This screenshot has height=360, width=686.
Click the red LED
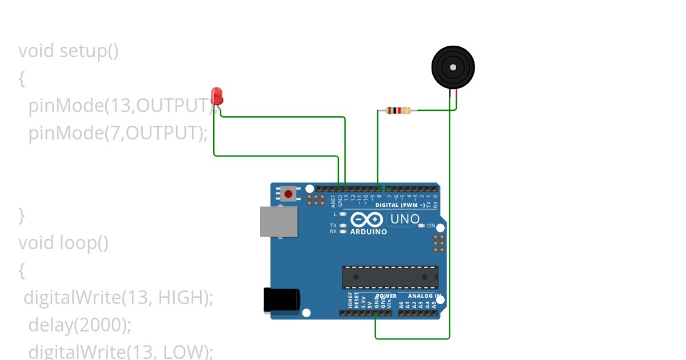(217, 95)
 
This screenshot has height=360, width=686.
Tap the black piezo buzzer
(453, 67)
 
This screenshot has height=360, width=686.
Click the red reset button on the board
(288, 194)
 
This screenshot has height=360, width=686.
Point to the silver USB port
(279, 221)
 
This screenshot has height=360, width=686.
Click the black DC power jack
(281, 299)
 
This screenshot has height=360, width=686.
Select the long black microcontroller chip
(390, 277)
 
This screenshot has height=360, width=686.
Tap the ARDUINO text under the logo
(368, 232)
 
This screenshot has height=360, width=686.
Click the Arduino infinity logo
(366, 219)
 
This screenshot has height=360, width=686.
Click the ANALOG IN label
(424, 296)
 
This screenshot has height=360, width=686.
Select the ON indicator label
(431, 226)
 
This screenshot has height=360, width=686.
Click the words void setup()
(69, 51)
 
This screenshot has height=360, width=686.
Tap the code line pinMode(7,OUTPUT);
(118, 133)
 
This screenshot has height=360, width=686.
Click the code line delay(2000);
(80, 325)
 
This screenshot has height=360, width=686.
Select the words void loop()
(63, 243)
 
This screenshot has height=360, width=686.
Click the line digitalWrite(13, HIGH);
(118, 298)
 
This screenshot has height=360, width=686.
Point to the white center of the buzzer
(453, 67)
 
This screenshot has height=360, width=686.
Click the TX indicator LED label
(333, 226)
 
